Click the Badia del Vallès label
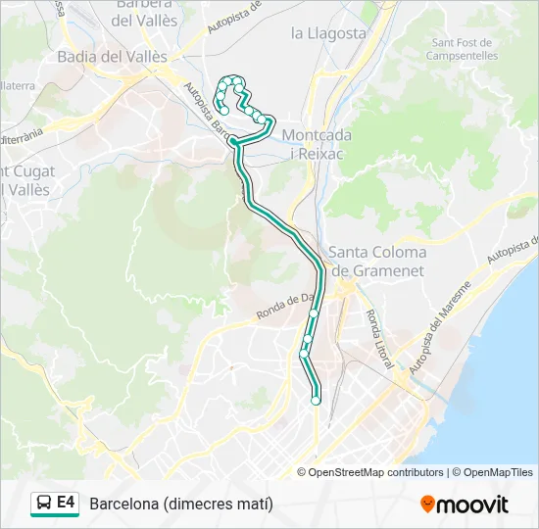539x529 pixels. coord(103,56)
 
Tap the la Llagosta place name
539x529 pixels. coord(328,33)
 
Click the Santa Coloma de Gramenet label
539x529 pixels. coord(377,261)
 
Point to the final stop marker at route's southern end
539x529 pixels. coord(316,400)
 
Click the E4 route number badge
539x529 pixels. coord(67,503)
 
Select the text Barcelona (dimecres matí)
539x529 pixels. coord(181,505)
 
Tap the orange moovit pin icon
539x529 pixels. coord(427,505)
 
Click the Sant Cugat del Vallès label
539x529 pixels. coord(27,180)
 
